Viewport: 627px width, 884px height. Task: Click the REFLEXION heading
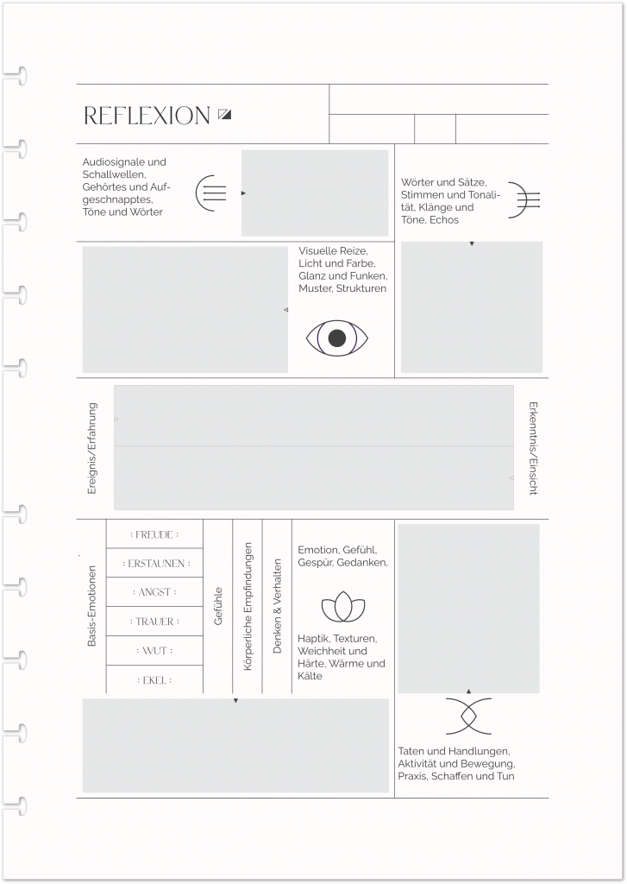pyautogui.click(x=147, y=116)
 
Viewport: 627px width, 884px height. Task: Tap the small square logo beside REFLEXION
pyautogui.click(x=225, y=114)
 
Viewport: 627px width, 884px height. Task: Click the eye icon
pyautogui.click(x=337, y=338)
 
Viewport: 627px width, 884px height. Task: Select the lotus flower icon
pyautogui.click(x=343, y=608)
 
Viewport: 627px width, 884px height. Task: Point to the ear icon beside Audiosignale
pyautogui.click(x=210, y=193)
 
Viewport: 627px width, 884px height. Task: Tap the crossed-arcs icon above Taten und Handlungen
pyautogui.click(x=468, y=716)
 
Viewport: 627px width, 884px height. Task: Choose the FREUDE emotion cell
pyautogui.click(x=154, y=534)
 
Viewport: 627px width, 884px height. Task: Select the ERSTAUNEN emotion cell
pyautogui.click(x=154, y=563)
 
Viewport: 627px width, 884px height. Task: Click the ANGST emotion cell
pyautogui.click(x=154, y=592)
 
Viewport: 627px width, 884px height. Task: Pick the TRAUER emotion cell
pyautogui.click(x=154, y=622)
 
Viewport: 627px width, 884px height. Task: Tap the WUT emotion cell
pyautogui.click(x=154, y=650)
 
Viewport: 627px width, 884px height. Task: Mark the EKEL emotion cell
pyautogui.click(x=154, y=680)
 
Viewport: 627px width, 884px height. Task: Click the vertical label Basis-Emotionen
pyautogui.click(x=91, y=605)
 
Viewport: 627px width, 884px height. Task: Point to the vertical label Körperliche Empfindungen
pyautogui.click(x=248, y=606)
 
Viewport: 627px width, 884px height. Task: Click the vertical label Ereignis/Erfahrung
pyautogui.click(x=92, y=448)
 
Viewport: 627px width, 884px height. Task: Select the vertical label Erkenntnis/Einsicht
pyautogui.click(x=533, y=447)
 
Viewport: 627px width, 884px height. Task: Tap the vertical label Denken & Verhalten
pyautogui.click(x=277, y=606)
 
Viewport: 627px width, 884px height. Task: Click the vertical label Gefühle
pyautogui.click(x=218, y=606)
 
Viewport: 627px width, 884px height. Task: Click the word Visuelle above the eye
pyautogui.click(x=318, y=250)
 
